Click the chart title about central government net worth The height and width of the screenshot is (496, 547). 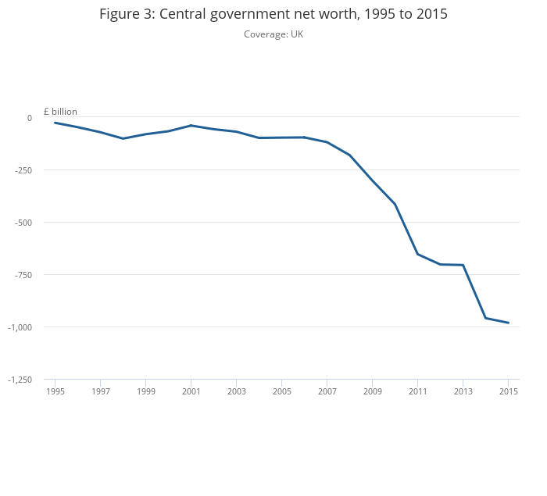point(273,14)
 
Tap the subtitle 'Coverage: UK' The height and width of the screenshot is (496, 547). point(273,34)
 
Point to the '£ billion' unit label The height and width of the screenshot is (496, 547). point(60,112)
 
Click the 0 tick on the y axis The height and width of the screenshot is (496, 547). point(30,118)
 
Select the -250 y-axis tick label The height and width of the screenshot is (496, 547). point(23,170)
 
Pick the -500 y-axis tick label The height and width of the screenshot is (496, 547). point(23,223)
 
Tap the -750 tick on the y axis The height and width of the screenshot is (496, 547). point(23,275)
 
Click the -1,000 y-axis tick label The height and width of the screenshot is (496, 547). point(20,327)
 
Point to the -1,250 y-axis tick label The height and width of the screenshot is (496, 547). point(20,380)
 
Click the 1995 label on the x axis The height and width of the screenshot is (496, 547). point(55,391)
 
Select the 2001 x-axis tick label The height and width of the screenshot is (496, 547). point(191,391)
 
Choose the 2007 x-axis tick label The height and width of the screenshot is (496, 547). point(327,391)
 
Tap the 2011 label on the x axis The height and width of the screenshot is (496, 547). point(417,391)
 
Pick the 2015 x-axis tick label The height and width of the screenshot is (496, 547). point(508,391)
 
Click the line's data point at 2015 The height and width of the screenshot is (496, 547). point(508,323)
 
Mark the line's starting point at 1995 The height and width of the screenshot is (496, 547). point(55,123)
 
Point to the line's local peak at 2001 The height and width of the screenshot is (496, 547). point(191,125)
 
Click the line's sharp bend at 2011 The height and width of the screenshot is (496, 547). point(417,254)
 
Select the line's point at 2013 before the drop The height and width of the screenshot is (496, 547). point(463,265)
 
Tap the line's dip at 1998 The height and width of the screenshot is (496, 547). point(123,138)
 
